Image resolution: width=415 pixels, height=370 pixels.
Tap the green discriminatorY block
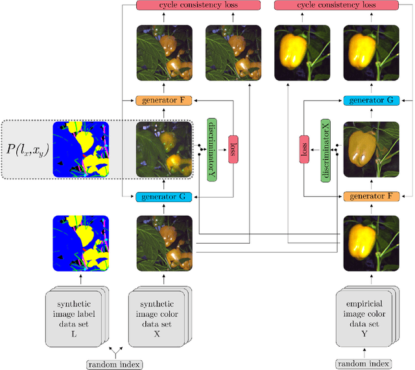tap(211, 149)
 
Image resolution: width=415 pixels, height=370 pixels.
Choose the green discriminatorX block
tap(326, 150)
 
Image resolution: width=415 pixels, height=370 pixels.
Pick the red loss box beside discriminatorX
tap(303, 150)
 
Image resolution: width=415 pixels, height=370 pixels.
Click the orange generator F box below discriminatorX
tap(371, 196)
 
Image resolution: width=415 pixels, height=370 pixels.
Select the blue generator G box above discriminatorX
tap(371, 102)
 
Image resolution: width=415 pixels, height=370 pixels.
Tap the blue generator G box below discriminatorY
tap(164, 196)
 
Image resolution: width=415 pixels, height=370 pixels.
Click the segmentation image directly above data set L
tap(80, 244)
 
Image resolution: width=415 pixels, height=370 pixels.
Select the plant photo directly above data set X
tap(164, 244)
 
